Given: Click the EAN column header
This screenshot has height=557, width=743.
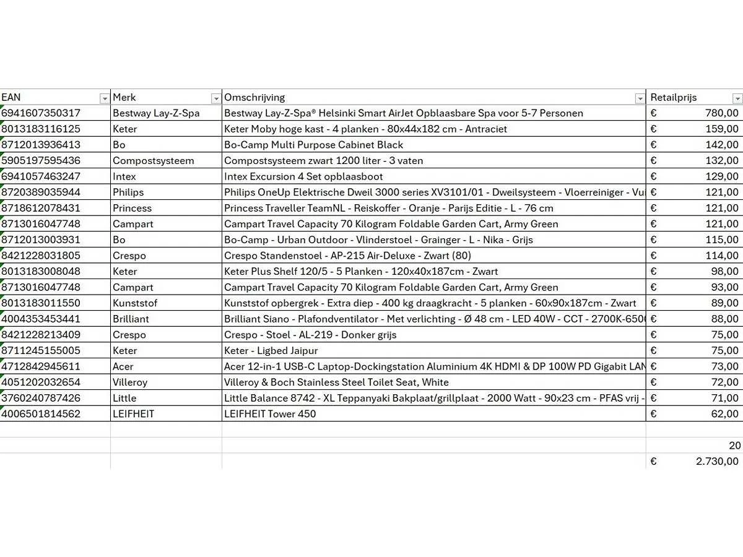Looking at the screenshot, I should click(11, 97).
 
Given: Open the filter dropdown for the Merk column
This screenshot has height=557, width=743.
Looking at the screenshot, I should click(215, 98).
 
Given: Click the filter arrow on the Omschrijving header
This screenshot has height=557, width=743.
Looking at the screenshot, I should click(640, 98).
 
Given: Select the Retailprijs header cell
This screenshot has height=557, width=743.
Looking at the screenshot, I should click(673, 97).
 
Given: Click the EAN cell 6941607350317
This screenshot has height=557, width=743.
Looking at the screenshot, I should click(41, 113).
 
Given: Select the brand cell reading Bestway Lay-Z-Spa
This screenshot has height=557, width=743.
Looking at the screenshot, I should click(156, 113).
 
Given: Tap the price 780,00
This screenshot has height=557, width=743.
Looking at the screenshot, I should click(721, 113).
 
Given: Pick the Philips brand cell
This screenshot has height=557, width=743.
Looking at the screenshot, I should click(128, 192).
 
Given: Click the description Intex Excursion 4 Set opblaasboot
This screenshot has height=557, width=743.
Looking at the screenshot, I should click(303, 176).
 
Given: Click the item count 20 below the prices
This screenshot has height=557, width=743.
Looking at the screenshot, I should click(734, 446).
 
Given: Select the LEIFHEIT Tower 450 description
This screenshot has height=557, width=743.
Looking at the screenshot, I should click(270, 414).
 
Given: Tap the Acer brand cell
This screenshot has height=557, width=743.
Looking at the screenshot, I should click(123, 366).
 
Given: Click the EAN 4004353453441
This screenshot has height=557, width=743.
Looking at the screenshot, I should click(41, 319).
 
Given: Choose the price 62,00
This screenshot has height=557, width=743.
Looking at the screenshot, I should click(724, 414).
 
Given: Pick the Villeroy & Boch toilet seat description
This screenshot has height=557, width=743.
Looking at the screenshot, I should click(336, 382).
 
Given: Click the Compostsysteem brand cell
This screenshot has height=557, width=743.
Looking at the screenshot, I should click(154, 161).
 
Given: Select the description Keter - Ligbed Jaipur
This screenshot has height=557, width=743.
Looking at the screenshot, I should click(271, 350).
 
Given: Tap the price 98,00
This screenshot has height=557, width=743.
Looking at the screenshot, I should click(724, 271).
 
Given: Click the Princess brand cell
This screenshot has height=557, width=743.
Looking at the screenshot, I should click(132, 208).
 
